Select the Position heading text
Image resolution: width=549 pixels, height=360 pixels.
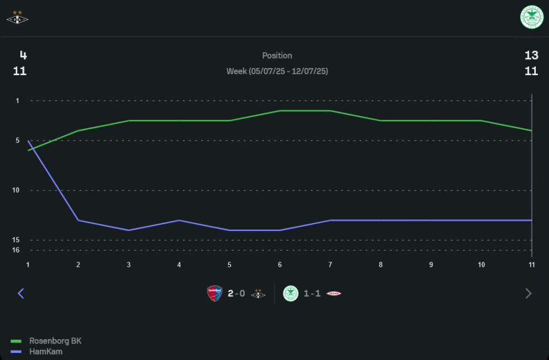277,55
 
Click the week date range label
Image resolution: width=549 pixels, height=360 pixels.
277,71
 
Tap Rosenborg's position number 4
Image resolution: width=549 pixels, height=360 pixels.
23,55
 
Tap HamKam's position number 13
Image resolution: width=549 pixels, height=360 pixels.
531,55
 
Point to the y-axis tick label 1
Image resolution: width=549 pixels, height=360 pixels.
17,100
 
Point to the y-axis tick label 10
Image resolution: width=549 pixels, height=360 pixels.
16,190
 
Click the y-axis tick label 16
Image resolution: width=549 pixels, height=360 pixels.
16,250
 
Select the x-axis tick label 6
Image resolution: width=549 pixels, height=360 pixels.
280,265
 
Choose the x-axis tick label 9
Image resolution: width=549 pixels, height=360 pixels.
431,265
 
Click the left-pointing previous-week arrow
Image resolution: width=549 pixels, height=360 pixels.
21,294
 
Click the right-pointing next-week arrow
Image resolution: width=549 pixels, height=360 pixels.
529,294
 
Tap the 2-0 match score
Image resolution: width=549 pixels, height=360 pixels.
236,294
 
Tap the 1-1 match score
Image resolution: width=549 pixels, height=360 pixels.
312,294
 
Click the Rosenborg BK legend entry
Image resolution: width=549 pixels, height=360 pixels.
55,341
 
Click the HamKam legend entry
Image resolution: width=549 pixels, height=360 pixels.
46,351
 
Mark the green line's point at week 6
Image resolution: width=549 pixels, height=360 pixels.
280,111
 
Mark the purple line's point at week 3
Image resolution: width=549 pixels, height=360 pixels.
128,230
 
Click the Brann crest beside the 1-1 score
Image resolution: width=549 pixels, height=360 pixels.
334,294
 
